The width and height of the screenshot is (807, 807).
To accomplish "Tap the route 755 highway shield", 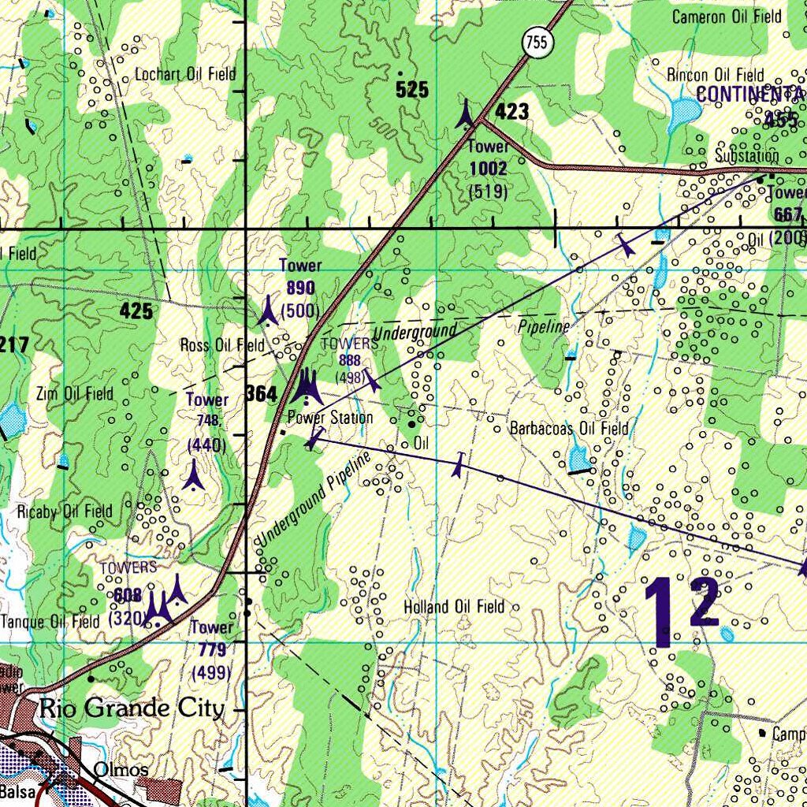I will (535, 44).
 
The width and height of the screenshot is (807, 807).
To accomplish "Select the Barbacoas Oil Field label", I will (569, 429).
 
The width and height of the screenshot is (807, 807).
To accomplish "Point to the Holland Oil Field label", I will (453, 607).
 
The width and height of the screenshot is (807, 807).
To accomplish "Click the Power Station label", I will (330, 418).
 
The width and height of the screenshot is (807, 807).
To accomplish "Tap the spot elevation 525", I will (412, 90).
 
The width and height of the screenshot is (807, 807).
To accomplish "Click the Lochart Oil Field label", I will (185, 75).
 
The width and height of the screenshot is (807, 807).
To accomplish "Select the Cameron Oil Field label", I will (727, 17).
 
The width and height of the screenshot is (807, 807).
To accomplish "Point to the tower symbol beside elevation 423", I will (467, 114).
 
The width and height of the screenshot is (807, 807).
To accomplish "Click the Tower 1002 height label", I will (488, 169).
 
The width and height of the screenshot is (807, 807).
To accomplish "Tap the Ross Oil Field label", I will (222, 345).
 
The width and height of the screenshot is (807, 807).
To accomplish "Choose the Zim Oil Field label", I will (75, 393).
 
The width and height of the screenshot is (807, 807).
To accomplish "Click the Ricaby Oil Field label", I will (65, 511).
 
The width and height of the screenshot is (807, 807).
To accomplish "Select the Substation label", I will (746, 156).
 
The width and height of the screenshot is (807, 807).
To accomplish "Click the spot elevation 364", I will (261, 393).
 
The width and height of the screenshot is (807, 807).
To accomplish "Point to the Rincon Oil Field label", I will (716, 75).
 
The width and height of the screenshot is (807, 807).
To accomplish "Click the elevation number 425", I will (136, 311).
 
